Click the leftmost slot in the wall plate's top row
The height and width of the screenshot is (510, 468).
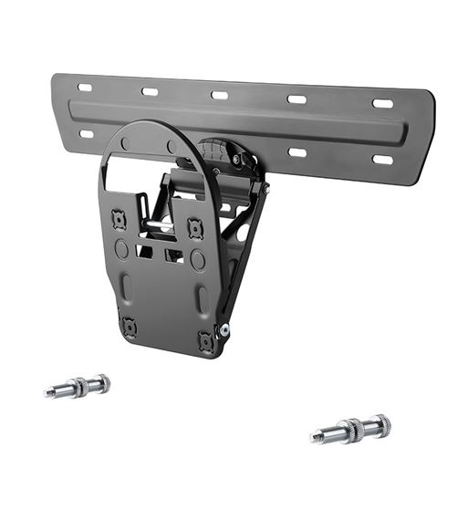click(85, 88)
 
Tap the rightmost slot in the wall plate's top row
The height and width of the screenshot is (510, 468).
click(382, 103)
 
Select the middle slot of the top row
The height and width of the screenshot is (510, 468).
click(220, 95)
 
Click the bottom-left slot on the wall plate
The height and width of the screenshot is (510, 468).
click(86, 133)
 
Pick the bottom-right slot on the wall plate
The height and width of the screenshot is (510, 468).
click(382, 160)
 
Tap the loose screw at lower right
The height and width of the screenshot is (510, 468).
click(350, 428)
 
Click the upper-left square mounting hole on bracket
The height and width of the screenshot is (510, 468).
click(118, 219)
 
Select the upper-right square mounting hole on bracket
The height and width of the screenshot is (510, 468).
click(193, 228)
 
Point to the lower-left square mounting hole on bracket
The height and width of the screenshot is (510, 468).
click(129, 327)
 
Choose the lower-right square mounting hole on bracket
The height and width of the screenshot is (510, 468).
click(205, 340)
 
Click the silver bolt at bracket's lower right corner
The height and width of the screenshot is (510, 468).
click(224, 330)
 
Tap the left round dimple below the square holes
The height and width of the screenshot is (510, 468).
click(121, 249)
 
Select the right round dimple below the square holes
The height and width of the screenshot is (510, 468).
click(197, 259)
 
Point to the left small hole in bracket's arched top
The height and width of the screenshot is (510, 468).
click(125, 143)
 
